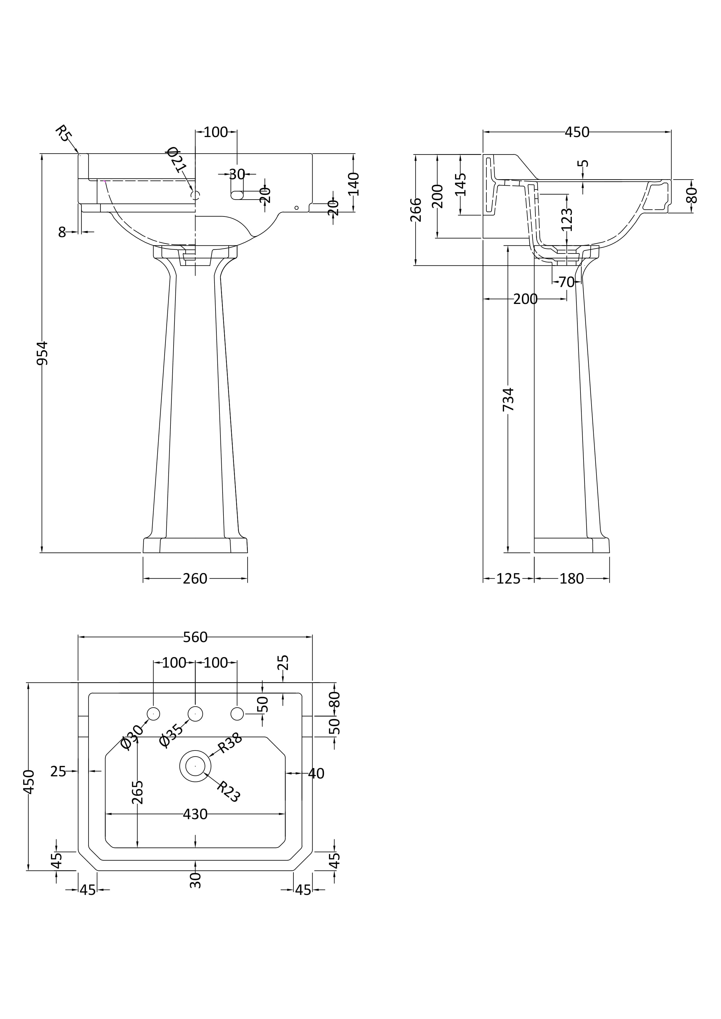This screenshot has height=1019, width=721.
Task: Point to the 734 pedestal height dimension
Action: point(508,399)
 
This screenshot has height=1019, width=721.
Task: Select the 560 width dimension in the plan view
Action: point(195,637)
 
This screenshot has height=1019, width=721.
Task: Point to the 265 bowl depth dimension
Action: point(138,792)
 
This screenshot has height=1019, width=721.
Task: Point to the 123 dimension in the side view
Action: point(567,219)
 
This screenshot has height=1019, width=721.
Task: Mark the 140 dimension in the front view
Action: point(354,184)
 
